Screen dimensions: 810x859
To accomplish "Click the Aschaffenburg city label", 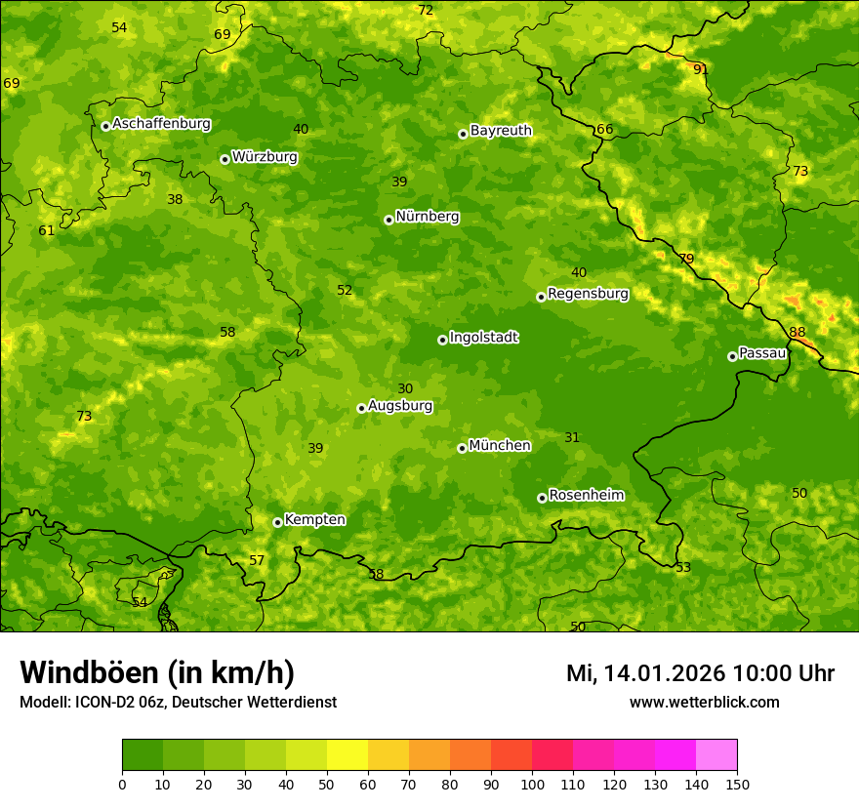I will click(161, 124).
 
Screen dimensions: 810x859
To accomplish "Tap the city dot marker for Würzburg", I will click(225, 159).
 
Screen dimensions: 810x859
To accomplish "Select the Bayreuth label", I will click(501, 131).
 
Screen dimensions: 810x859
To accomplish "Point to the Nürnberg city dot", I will click(389, 220).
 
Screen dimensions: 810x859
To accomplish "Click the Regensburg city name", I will click(588, 294).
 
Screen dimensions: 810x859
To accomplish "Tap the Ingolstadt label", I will click(483, 338).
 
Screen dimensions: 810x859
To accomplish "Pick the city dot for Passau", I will click(732, 356).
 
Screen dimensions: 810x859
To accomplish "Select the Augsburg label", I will click(399, 406).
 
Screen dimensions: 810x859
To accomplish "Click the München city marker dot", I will click(462, 448).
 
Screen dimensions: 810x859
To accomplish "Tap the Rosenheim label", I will click(586, 496).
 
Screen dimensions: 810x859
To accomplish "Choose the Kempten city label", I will click(314, 520).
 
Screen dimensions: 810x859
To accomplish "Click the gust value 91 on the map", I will click(701, 69).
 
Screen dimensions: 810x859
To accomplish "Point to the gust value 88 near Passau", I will click(798, 332).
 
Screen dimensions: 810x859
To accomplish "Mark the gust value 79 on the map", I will click(686, 259).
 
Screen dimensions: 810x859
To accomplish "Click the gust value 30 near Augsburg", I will click(405, 388).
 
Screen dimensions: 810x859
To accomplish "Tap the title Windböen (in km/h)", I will click(156, 672).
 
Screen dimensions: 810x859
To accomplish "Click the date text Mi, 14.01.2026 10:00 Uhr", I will click(700, 673).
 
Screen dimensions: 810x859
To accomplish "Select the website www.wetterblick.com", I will click(704, 703).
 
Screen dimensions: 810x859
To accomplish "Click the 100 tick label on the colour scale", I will click(532, 783).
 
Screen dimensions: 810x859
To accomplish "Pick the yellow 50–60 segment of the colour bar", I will click(348, 755).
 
